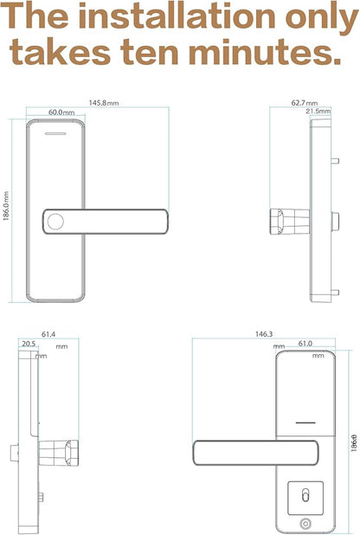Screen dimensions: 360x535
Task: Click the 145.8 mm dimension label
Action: coord(104,103)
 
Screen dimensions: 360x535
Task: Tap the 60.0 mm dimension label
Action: coord(61,113)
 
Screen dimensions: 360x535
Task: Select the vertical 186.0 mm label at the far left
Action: coord(6,206)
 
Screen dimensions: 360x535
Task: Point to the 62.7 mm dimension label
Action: coord(305,103)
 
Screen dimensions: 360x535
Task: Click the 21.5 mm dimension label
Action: coord(318,111)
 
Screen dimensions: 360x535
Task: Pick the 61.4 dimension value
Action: coord(48,334)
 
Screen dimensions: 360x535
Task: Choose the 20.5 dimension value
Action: coord(29,344)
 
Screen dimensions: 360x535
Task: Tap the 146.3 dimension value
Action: coord(264,333)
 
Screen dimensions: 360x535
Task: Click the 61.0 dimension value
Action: coord(305,343)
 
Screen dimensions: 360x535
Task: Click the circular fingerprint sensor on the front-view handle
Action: coord(55,222)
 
